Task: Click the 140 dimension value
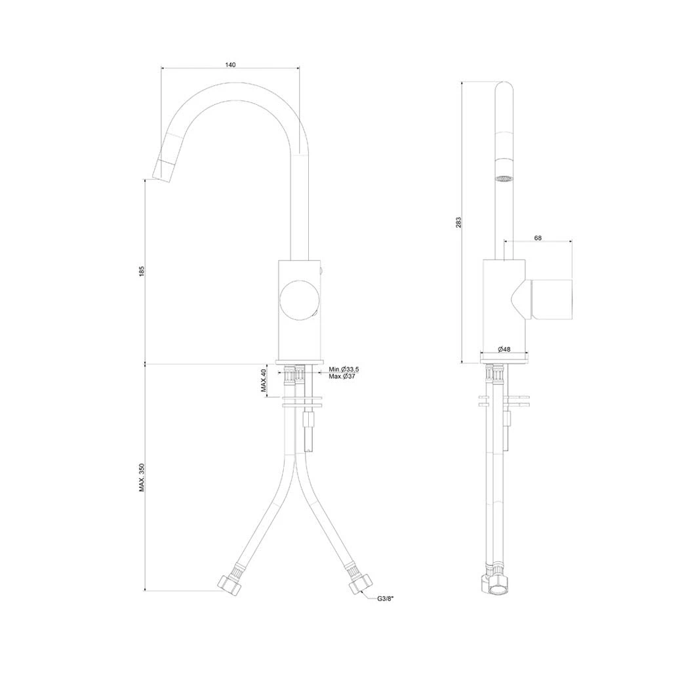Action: point(230,65)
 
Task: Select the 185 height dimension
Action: point(142,271)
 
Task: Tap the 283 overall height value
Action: point(458,222)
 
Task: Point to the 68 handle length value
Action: point(538,238)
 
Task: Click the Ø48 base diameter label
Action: point(504,349)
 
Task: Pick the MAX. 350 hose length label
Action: point(142,477)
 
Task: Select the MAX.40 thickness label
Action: point(264,380)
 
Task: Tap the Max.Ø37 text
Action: point(342,376)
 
